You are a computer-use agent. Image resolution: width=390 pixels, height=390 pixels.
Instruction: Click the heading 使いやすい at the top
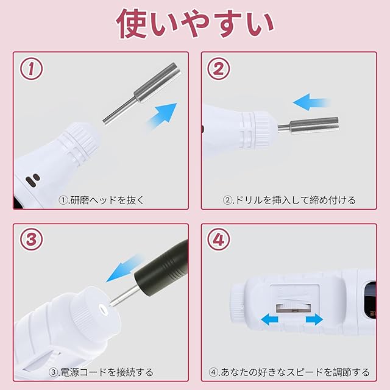coord(195,24)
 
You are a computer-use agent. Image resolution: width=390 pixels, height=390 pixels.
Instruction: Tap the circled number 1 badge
coord(31,69)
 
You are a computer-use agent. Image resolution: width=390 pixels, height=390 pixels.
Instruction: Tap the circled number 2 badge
coord(219,69)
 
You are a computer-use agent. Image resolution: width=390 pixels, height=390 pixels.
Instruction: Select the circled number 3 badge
coord(31,239)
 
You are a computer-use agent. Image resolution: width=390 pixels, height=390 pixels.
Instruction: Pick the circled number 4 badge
coord(219,239)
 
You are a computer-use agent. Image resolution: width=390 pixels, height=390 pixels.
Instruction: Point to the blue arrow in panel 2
coord(311,102)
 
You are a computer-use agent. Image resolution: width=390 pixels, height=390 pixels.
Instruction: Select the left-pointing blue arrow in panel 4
coord(269,319)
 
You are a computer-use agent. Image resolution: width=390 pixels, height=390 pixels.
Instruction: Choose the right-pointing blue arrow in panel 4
coord(314,319)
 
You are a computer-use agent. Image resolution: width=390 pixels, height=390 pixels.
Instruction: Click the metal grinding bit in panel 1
coord(141,94)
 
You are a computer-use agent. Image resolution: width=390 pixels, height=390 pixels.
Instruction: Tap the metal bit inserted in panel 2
coord(308,126)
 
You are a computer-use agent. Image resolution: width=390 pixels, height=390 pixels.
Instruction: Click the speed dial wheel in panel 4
coord(294,308)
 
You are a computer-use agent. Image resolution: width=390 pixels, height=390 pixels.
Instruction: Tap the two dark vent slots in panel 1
coord(32,180)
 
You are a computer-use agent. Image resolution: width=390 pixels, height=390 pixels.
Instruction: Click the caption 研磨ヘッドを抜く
coord(101,200)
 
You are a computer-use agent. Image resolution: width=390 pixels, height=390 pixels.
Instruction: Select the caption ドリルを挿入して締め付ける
coord(289,200)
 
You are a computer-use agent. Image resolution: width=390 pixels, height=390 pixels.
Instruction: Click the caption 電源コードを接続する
coord(101,372)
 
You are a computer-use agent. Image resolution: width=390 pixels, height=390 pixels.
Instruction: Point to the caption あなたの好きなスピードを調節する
coord(289,372)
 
